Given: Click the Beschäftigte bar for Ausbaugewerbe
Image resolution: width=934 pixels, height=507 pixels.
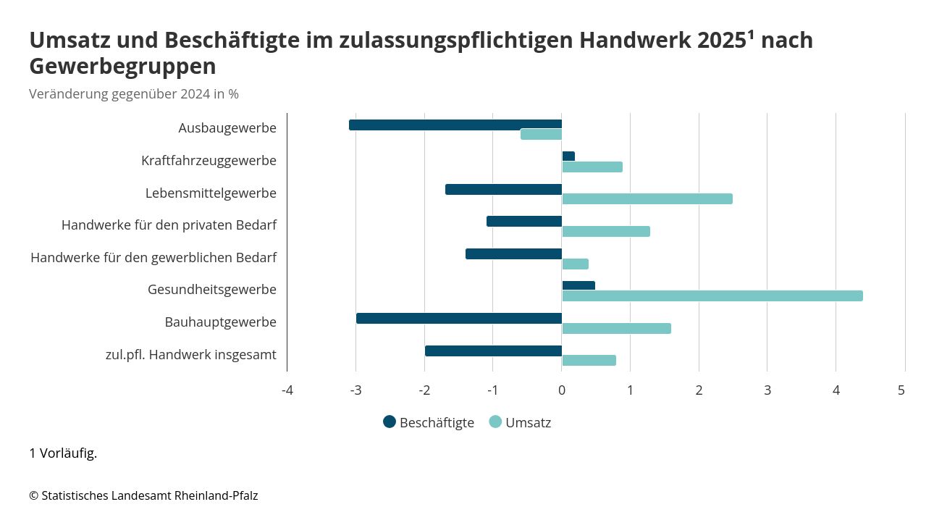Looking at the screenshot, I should [x=455, y=125].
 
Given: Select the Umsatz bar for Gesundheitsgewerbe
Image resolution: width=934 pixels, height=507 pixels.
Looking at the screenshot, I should [x=712, y=296].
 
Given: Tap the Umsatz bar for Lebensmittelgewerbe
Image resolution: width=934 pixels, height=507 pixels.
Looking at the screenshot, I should [x=647, y=199].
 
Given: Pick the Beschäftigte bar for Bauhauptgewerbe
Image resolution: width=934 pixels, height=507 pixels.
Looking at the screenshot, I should [x=459, y=319].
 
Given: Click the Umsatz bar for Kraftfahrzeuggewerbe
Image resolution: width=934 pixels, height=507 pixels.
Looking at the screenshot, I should [x=592, y=167].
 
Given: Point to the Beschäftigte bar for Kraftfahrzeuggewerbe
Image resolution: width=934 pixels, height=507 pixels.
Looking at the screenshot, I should [x=568, y=156].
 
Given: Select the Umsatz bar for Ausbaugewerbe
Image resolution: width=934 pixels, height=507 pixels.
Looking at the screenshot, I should [x=542, y=135].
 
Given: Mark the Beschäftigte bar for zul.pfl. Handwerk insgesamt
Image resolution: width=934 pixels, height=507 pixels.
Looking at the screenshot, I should [x=493, y=351].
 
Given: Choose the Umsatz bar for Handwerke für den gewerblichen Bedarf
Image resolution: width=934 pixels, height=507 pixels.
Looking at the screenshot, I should [x=576, y=264].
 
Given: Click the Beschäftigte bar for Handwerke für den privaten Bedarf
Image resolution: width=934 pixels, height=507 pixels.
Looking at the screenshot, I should [x=524, y=222].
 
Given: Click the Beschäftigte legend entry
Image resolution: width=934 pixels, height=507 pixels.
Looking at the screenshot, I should [x=429, y=422].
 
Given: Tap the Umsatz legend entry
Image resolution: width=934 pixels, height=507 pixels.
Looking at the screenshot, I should [x=521, y=422].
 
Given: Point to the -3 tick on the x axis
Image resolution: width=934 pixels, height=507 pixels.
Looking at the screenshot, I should [x=355, y=390].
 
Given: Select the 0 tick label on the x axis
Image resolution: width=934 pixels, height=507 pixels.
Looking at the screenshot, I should [x=562, y=390].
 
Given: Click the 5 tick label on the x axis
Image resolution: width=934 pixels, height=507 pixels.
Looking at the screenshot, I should [x=901, y=390].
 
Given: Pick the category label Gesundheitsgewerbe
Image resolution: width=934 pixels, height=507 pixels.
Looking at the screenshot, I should [x=212, y=290].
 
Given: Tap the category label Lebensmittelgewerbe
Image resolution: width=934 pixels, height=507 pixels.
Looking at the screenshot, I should [x=211, y=193].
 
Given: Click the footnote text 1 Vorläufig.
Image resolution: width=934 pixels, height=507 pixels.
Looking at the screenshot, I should [x=63, y=453].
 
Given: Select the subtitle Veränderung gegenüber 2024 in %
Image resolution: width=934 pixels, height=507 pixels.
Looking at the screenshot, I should [x=134, y=94].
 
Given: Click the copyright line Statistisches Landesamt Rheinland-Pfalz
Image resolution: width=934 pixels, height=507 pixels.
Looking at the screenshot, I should [x=143, y=495].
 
